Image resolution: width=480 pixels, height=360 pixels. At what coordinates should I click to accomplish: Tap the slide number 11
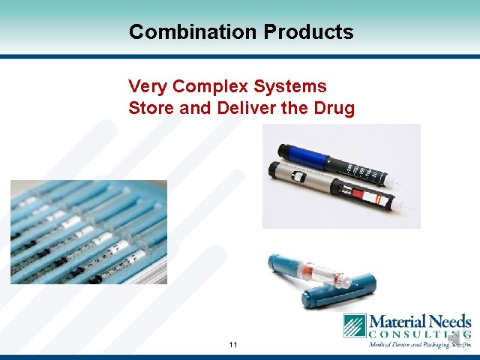click(x=233, y=344)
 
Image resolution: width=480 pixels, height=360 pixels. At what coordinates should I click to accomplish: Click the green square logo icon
click(x=355, y=325)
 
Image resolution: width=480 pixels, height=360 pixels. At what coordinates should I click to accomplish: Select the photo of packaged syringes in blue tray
click(x=88, y=232)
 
